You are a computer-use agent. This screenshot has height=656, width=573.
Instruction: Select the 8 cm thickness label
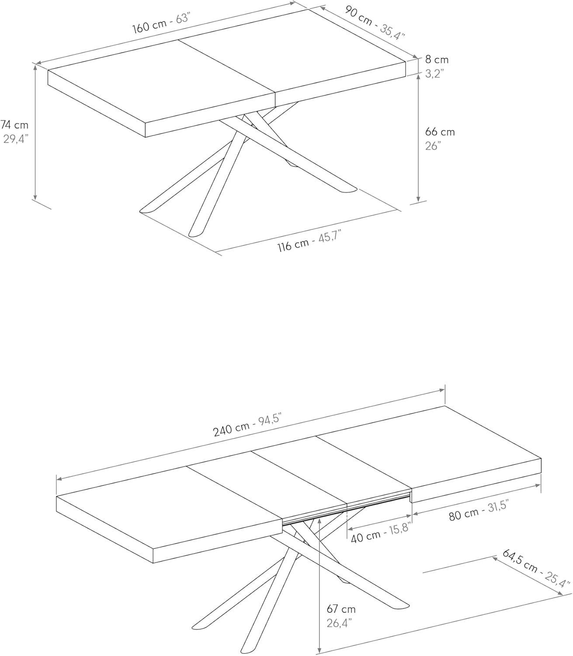[437, 59]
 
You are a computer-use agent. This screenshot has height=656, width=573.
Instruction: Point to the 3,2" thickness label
[434, 74]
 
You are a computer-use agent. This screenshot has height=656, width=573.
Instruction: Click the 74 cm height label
[14, 124]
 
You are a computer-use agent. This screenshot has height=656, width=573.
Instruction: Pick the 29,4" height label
[16, 139]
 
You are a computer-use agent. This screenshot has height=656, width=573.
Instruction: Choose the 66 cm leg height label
[440, 132]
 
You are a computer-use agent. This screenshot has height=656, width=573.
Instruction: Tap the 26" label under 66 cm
[433, 146]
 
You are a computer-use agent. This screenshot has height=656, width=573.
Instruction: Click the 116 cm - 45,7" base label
[309, 241]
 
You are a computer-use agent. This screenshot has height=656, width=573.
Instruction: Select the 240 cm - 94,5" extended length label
[247, 425]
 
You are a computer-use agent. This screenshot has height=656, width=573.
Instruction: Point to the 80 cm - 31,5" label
[479, 510]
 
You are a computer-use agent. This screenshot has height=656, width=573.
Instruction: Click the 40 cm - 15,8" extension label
[380, 533]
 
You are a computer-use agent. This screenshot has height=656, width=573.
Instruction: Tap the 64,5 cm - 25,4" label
[536, 569]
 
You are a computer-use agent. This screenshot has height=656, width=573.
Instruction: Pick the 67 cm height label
[341, 609]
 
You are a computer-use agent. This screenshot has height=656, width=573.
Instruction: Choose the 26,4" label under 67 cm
[339, 623]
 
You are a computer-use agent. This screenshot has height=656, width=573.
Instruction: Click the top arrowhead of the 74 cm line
[35, 66]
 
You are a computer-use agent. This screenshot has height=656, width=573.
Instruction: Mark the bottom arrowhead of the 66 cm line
[418, 199]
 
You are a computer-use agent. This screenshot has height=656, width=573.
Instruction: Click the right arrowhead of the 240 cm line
[442, 390]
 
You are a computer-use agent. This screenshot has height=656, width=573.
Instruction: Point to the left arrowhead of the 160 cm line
[38, 63]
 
